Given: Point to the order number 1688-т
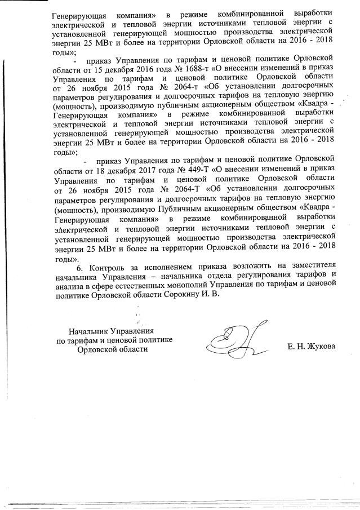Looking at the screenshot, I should (x=186, y=68).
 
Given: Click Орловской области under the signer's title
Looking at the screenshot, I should (x=113, y=349).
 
